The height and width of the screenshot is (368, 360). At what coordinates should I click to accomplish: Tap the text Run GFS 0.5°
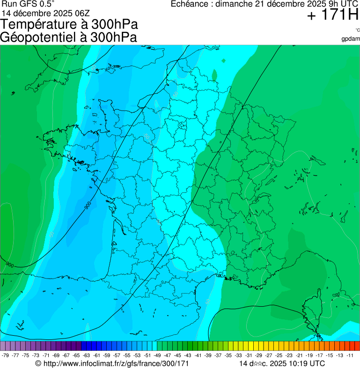[x=28, y=4]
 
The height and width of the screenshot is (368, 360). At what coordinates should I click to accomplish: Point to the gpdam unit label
[x=351, y=39]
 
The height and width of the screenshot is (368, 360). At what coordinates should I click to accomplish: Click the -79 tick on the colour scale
[x=6, y=355]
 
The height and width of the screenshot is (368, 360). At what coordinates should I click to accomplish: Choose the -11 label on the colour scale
[x=350, y=355]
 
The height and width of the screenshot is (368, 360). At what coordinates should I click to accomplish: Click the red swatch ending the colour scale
[x=357, y=346]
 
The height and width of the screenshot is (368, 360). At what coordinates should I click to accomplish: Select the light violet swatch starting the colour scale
[x=3, y=346]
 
